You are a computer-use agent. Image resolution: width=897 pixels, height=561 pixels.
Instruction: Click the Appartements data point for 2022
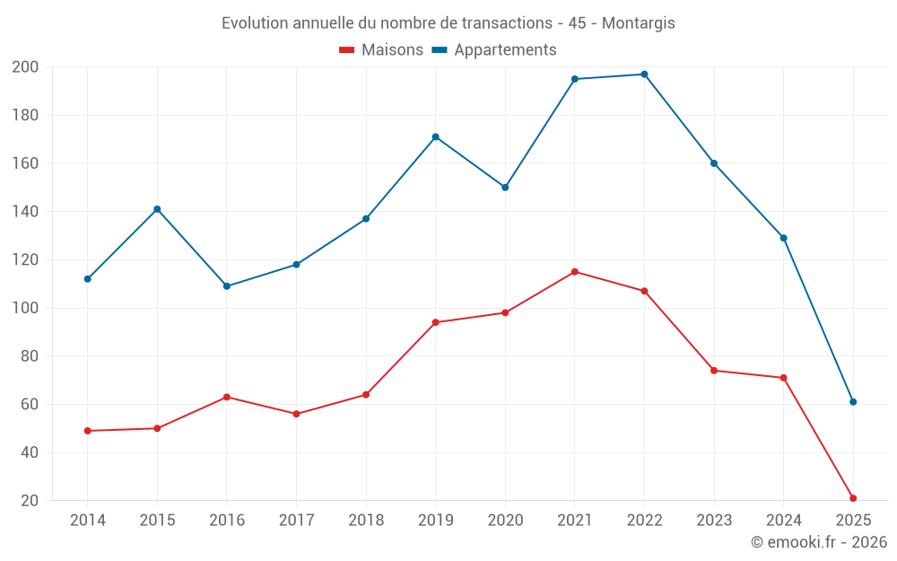[644, 75]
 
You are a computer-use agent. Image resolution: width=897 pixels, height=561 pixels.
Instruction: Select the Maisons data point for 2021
[575, 272]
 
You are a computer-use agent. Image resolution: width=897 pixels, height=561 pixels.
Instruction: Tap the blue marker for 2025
[853, 402]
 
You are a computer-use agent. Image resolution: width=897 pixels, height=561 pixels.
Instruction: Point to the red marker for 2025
[853, 498]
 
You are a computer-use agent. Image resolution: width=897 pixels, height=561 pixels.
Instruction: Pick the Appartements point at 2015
[157, 209]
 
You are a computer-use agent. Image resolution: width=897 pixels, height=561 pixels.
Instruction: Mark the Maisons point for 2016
[227, 397]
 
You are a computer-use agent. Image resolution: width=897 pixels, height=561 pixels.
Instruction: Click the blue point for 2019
[436, 137]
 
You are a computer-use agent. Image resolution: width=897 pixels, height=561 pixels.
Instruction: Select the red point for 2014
[88, 431]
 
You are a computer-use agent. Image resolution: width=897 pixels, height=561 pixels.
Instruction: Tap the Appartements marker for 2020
[505, 188]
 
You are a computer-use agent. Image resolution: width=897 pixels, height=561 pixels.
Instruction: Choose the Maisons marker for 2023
[714, 371]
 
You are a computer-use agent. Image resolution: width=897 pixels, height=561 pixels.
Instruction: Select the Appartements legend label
[505, 50]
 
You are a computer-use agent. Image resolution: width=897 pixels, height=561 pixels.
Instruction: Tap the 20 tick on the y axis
[30, 501]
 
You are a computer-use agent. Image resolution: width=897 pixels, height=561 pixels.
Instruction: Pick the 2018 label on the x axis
[366, 521]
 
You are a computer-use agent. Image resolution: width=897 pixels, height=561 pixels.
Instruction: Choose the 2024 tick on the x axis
[783, 521]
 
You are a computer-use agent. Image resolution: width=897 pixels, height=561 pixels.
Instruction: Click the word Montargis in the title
[638, 23]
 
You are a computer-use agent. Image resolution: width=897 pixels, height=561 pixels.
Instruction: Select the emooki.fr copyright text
[819, 542]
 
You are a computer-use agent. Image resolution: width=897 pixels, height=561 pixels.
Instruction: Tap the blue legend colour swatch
[440, 50]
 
